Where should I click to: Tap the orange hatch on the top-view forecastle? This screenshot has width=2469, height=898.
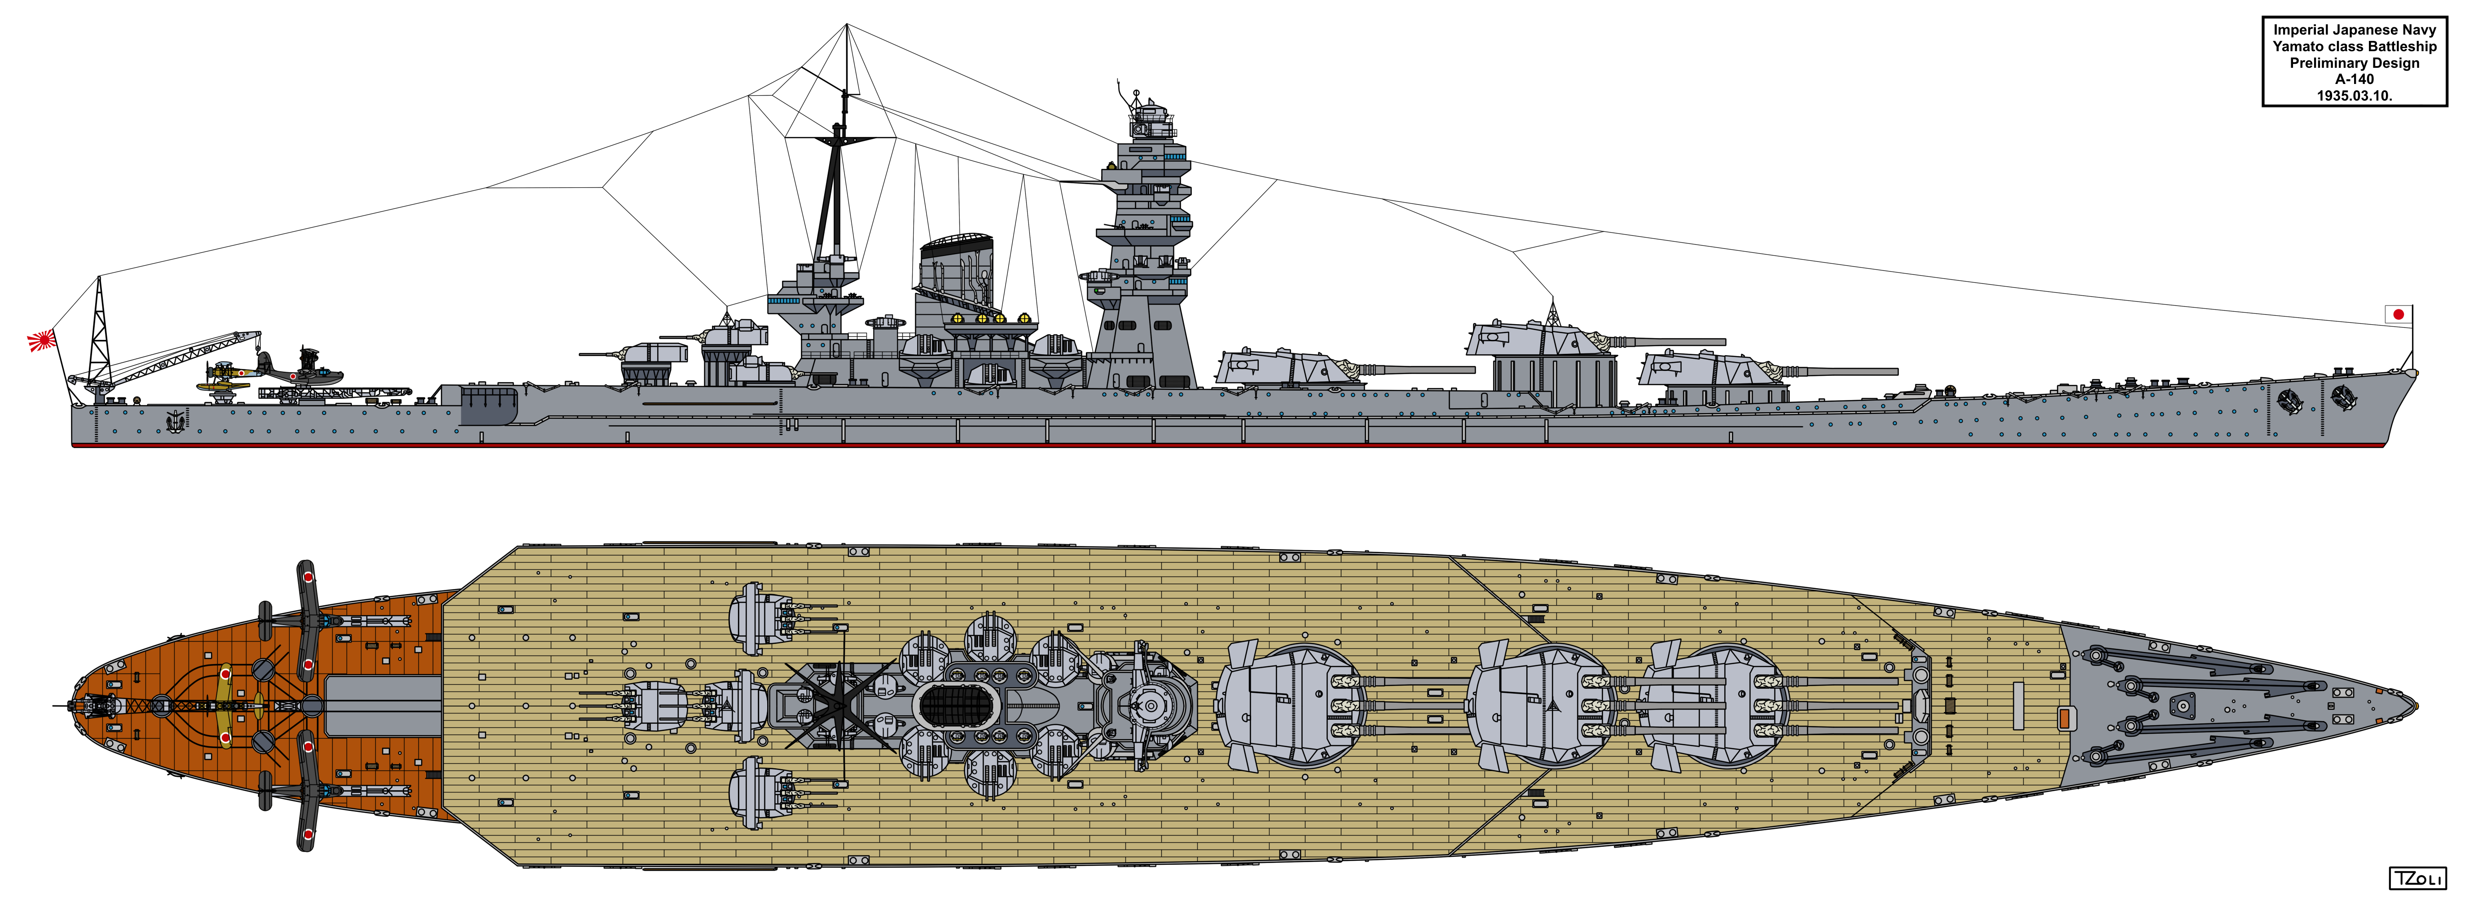(2063, 717)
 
